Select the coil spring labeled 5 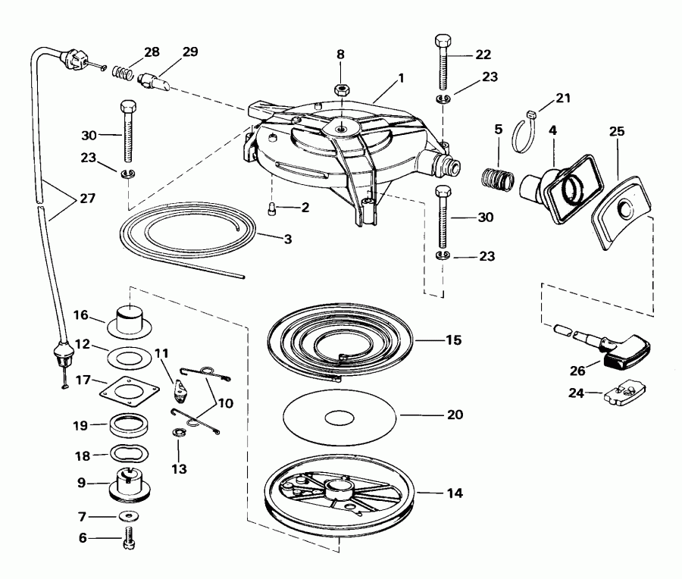[498, 178]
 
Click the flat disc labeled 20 [339, 417]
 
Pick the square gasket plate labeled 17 [129, 392]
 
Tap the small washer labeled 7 [129, 516]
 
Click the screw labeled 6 [129, 539]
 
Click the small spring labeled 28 [123, 72]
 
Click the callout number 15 [454, 340]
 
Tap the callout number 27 [87, 199]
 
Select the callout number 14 [455, 493]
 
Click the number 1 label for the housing [401, 78]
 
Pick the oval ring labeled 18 [129, 454]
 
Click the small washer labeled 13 [178, 433]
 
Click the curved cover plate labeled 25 [621, 212]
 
